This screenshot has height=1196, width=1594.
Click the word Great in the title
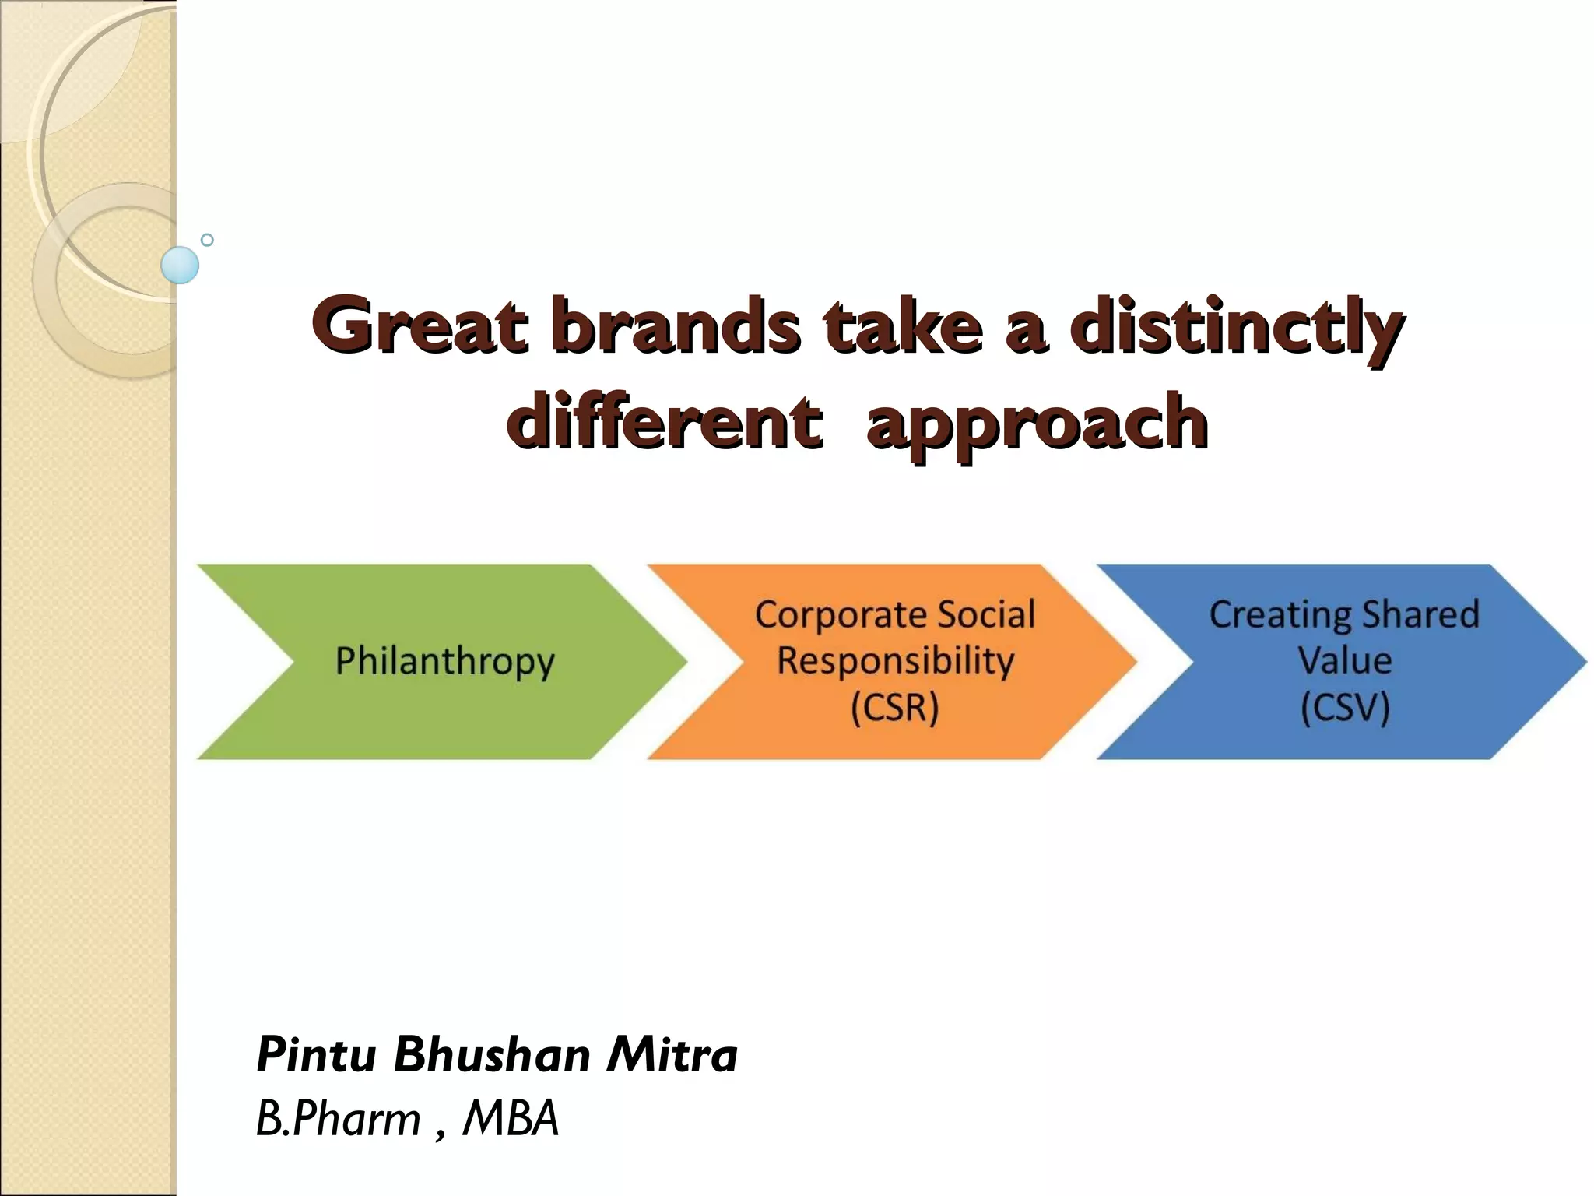[x=420, y=325]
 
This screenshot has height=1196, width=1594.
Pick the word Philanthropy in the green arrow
[x=444, y=662]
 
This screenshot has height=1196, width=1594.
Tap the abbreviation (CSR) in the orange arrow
[x=894, y=708]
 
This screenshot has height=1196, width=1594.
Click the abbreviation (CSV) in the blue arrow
[x=1344, y=708]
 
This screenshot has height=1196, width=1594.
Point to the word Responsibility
[x=895, y=662]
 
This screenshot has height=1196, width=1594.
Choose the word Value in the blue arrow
[x=1344, y=661]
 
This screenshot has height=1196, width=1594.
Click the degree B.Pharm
[x=339, y=1119]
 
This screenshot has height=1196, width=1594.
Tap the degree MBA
[x=511, y=1119]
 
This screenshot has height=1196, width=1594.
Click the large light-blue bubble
[x=180, y=265]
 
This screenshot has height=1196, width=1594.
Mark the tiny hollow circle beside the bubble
[x=207, y=240]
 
